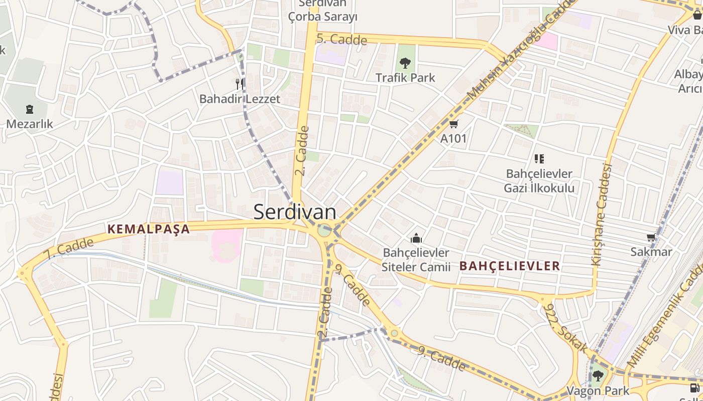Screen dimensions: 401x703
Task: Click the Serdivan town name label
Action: click(295, 212)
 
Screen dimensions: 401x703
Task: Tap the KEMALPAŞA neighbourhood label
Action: click(149, 229)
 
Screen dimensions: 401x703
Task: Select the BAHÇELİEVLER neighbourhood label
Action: click(510, 266)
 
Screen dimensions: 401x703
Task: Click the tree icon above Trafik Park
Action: click(405, 64)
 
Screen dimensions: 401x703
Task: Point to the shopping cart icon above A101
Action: click(454, 124)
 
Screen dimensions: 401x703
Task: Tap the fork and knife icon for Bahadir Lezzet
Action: click(240, 83)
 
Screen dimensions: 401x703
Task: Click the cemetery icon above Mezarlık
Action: click(30, 109)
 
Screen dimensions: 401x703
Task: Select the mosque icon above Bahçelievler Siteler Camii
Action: click(416, 238)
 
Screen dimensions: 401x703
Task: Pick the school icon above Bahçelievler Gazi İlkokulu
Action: click(539, 159)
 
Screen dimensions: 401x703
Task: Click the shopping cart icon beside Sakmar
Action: click(651, 237)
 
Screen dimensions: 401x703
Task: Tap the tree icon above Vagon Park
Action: click(598, 375)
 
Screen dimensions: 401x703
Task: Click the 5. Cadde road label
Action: click(342, 39)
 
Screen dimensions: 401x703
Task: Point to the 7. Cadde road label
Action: click(69, 248)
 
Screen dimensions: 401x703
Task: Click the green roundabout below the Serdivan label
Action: click(324, 231)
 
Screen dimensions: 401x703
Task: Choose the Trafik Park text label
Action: click(405, 78)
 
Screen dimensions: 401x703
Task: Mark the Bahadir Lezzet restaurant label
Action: click(240, 99)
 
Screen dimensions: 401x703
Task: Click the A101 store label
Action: click(453, 138)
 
